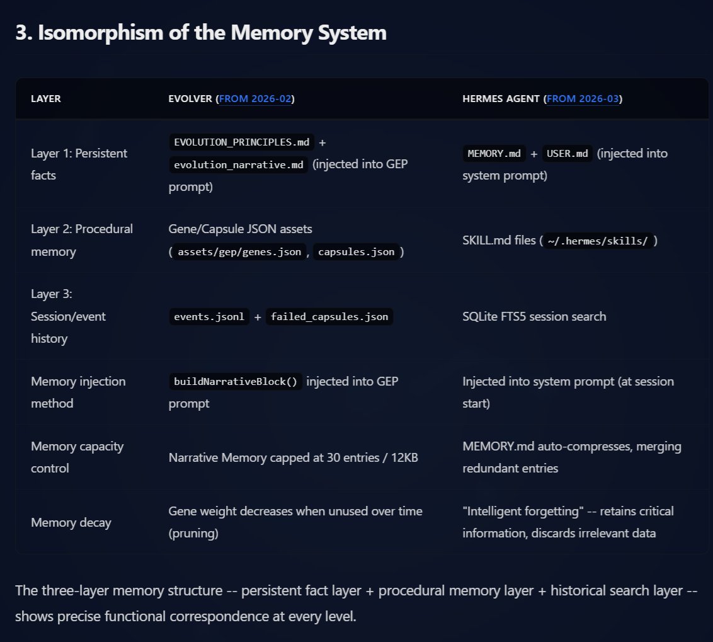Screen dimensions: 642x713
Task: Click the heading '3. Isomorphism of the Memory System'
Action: (200, 33)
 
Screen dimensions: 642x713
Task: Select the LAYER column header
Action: (46, 99)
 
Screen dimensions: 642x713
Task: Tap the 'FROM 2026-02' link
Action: (255, 99)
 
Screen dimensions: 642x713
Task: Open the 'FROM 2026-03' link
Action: (583, 99)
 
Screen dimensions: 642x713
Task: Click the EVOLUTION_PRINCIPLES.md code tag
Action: (242, 142)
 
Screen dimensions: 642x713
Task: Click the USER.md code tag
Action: (567, 154)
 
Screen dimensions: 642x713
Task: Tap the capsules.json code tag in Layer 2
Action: (356, 252)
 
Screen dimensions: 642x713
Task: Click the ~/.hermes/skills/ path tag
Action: (598, 241)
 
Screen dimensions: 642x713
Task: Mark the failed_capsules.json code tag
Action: (329, 316)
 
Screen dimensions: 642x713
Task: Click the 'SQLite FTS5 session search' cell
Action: (534, 316)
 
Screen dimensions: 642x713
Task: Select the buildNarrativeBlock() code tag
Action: (235, 382)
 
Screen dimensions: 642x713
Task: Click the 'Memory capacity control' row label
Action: (77, 457)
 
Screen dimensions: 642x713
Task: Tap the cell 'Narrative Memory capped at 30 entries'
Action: (293, 457)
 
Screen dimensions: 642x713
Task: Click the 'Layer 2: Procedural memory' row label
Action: (81, 240)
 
